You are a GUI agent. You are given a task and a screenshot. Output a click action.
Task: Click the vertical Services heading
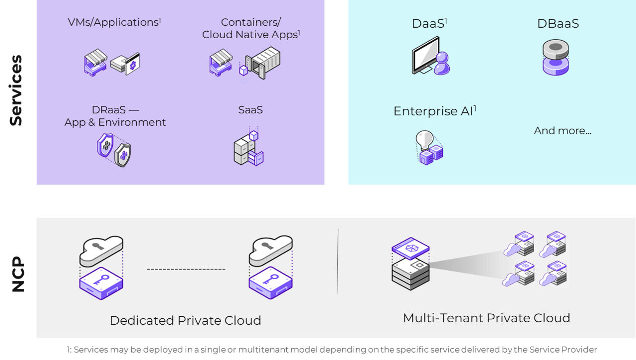coord(16,90)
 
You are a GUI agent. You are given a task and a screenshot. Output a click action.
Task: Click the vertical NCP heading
coord(18,274)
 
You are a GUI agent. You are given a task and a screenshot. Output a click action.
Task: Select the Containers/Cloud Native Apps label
coord(251,28)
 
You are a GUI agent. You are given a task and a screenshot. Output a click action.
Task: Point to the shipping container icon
coord(263,63)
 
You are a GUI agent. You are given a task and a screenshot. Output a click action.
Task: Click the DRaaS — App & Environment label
coord(115,116)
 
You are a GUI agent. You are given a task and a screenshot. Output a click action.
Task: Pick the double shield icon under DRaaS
coord(114,149)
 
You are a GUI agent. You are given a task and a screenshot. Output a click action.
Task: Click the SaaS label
coord(250,110)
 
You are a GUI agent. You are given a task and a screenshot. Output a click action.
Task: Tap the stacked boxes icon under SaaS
coord(249,149)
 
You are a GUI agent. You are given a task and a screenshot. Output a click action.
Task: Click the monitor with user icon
coord(430,56)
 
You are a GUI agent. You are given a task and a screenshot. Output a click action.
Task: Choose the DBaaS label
coord(557,24)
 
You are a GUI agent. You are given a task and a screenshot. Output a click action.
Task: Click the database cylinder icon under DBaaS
coord(556,58)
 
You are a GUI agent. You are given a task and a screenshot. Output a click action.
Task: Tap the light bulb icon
coord(429,147)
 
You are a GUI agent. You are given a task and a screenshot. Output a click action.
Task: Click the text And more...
coord(562,131)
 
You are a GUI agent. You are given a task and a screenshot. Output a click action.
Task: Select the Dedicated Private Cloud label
coord(185,320)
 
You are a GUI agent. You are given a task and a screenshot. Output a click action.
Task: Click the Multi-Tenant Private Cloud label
coord(486,318)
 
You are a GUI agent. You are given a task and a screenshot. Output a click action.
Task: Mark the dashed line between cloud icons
coord(186,269)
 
